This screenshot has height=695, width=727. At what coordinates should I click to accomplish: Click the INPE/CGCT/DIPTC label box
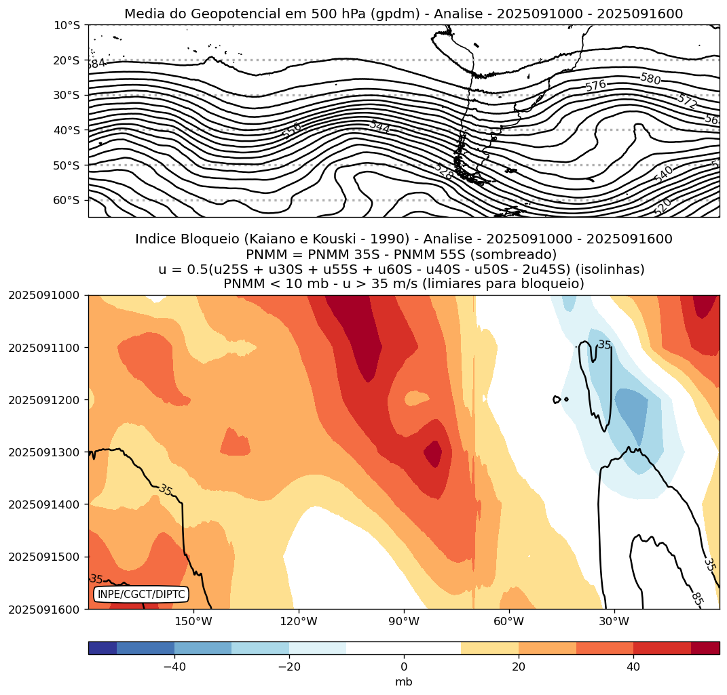click(x=141, y=595)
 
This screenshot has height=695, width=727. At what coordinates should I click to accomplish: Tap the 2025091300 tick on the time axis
click(x=43, y=452)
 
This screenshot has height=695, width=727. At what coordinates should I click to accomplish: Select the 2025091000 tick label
click(x=43, y=295)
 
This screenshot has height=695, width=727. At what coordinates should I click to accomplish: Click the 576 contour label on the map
click(x=595, y=85)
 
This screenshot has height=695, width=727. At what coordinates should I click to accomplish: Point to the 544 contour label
click(x=379, y=126)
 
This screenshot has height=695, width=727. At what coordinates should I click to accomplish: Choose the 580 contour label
click(x=650, y=79)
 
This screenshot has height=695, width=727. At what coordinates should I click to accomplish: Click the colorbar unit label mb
click(x=404, y=681)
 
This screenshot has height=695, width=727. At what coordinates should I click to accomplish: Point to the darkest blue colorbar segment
click(x=102, y=648)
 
